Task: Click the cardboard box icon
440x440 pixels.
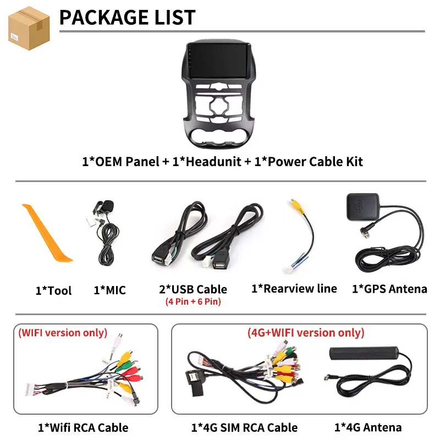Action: [29, 28]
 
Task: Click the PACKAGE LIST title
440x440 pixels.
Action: [128, 18]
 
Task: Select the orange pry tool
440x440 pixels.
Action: [47, 233]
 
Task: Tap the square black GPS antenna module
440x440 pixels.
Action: [363, 207]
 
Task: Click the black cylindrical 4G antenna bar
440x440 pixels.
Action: [364, 353]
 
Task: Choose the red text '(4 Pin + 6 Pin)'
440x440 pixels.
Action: [193, 301]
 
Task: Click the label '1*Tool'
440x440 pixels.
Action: [53, 290]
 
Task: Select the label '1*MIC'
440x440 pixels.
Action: [109, 290]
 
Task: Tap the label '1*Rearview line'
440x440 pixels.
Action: [294, 288]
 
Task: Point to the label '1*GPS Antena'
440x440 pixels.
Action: [390, 289]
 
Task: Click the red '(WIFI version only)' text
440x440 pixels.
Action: [63, 333]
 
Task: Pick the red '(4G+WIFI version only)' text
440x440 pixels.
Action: [306, 333]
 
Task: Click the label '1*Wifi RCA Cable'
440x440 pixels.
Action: [83, 428]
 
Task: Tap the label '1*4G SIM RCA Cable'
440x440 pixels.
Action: [244, 428]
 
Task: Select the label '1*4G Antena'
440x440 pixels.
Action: [368, 427]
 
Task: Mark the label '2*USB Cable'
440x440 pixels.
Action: [193, 289]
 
